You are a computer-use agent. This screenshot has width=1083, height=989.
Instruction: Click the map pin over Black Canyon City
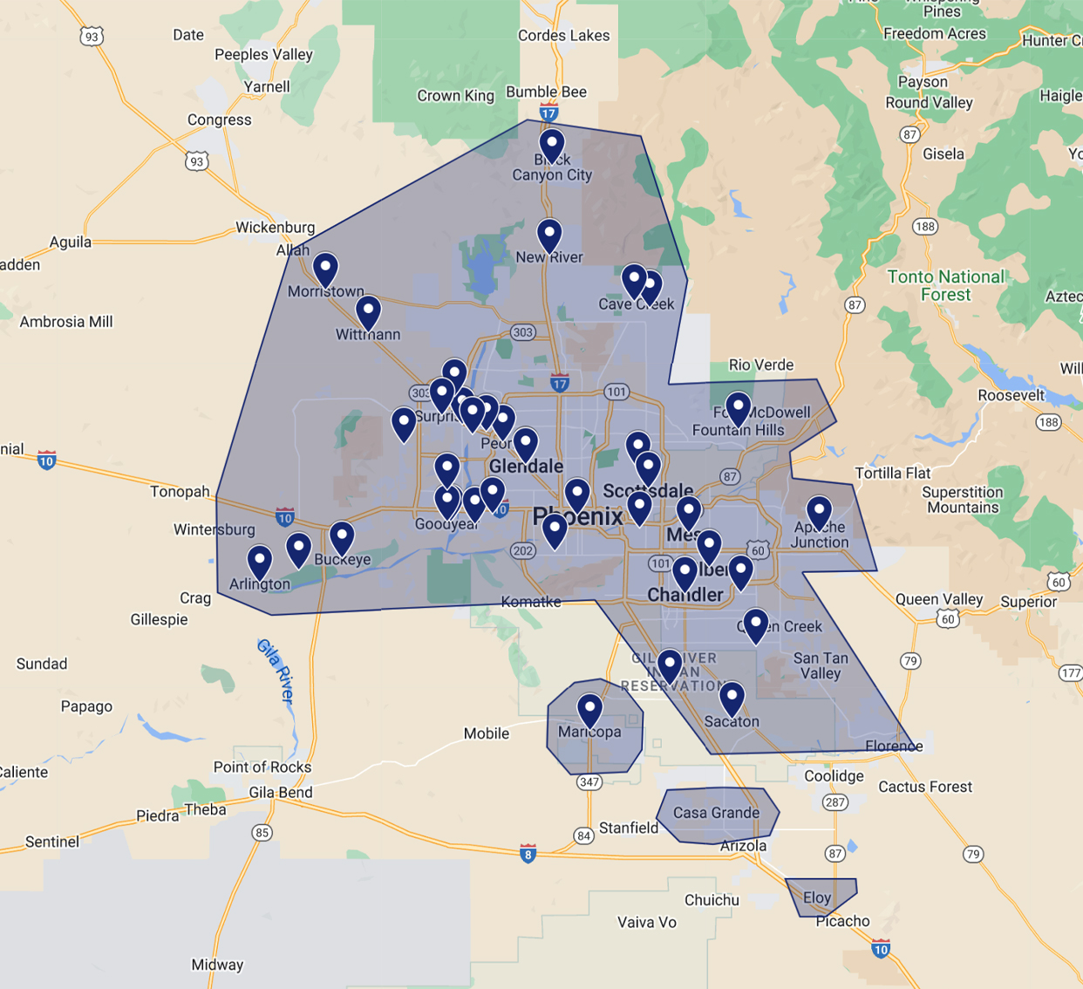[x=551, y=144]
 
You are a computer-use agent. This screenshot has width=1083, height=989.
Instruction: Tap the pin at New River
[x=549, y=235]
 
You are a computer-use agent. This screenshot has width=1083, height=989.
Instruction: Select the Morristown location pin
[x=325, y=269]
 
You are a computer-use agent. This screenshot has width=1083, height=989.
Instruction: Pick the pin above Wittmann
[x=368, y=311]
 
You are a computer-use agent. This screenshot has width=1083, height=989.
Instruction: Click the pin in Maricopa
[x=590, y=709]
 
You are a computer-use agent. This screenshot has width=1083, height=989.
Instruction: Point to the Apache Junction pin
[x=819, y=512]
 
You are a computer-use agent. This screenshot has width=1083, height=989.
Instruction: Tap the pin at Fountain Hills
[x=739, y=407]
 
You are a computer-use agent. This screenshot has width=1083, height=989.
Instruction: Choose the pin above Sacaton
[x=732, y=698]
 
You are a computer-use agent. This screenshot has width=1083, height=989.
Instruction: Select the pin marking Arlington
[x=260, y=561]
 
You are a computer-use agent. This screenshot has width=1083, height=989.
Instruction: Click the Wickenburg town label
[x=275, y=228]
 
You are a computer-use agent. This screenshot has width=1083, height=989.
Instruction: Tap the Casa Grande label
[x=716, y=813]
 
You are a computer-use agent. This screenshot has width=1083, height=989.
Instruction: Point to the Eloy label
[x=817, y=897]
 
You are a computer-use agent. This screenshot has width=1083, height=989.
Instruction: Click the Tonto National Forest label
[x=945, y=285]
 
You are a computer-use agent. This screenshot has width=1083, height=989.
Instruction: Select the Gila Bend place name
[x=281, y=793]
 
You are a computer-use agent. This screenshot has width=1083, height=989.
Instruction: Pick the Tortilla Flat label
[x=893, y=473]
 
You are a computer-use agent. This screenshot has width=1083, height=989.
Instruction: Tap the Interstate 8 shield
[x=528, y=854]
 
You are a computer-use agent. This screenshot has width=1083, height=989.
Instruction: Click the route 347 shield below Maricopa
[x=589, y=781]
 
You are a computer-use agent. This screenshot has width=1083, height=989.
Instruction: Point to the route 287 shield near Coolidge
[x=835, y=801]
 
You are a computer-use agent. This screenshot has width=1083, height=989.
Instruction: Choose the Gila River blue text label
[x=276, y=670]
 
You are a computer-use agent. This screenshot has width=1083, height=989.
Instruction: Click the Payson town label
[x=923, y=82]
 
